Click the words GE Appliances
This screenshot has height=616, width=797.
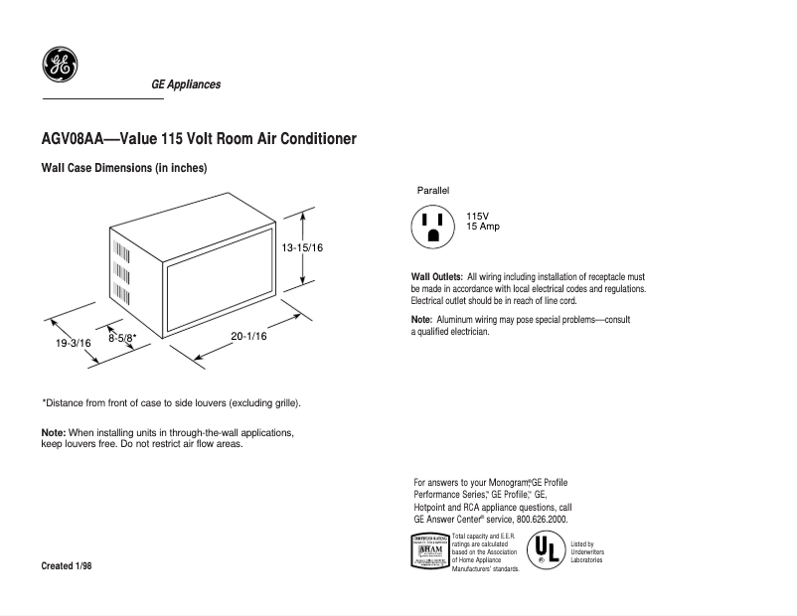pyautogui.click(x=186, y=84)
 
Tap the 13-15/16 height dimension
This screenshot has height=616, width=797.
pyautogui.click(x=302, y=246)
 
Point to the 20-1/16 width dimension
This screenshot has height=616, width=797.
pyautogui.click(x=248, y=336)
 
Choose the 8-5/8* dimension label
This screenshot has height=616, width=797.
pyautogui.click(x=128, y=338)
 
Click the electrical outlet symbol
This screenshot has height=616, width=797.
pyautogui.click(x=432, y=226)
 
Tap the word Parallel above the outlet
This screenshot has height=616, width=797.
pyautogui.click(x=433, y=189)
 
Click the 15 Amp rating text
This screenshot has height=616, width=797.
pyautogui.click(x=483, y=227)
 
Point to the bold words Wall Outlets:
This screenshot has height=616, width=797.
pyautogui.click(x=437, y=276)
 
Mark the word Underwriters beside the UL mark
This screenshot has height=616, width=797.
pyautogui.click(x=587, y=552)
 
